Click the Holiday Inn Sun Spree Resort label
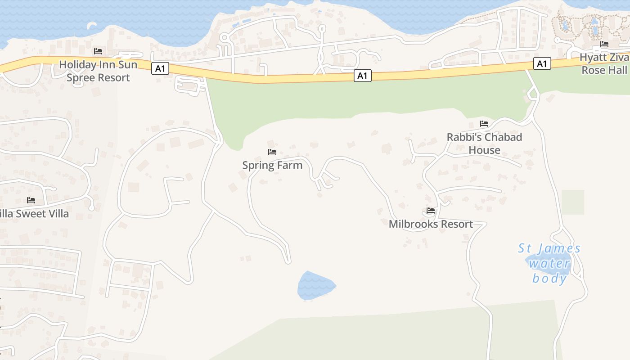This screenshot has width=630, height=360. (98, 71)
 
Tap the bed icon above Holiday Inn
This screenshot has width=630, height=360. (98, 51)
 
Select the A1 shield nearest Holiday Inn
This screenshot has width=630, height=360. (160, 68)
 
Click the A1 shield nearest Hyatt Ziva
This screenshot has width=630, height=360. (542, 63)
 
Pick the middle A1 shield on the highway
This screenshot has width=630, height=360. (362, 76)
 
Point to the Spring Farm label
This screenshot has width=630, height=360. (272, 165)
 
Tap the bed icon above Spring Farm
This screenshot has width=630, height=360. (272, 152)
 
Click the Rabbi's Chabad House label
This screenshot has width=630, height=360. (484, 144)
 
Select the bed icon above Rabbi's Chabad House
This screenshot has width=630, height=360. (484, 123)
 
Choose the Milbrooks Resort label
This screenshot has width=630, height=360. (431, 224)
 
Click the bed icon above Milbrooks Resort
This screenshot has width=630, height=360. (431, 210)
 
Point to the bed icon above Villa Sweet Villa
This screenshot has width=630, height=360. (31, 200)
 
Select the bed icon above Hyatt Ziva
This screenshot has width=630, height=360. (604, 44)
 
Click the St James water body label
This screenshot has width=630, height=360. (549, 263)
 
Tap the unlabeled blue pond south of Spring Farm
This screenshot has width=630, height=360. (315, 286)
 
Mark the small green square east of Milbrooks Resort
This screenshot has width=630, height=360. (572, 202)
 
